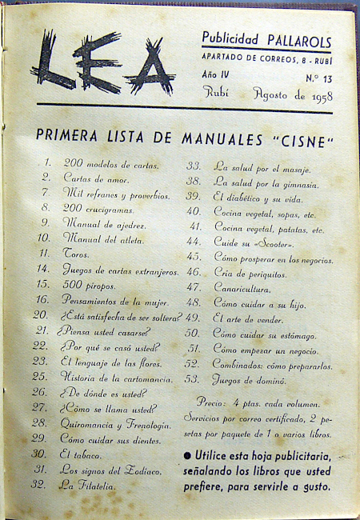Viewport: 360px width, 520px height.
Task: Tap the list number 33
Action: tap(193, 166)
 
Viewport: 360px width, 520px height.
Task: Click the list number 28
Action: tap(41, 423)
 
